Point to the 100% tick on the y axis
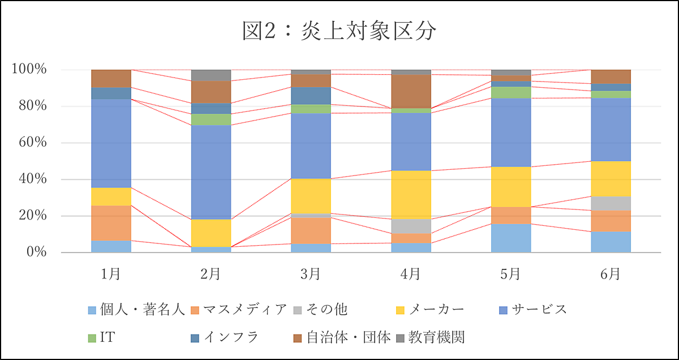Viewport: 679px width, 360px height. coord(28,70)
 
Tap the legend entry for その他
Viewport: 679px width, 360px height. coord(326,310)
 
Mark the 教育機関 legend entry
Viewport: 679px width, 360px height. coord(436,338)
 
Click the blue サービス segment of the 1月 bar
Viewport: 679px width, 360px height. coord(111,143)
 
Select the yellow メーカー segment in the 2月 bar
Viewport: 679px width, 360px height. coord(210,233)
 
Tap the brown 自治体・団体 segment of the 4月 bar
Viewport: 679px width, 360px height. coord(411,91)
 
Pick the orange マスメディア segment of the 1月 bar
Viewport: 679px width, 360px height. coord(111,223)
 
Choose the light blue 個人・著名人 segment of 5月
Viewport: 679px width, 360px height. coord(510,238)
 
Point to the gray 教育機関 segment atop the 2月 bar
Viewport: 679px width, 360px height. coord(210,75)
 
